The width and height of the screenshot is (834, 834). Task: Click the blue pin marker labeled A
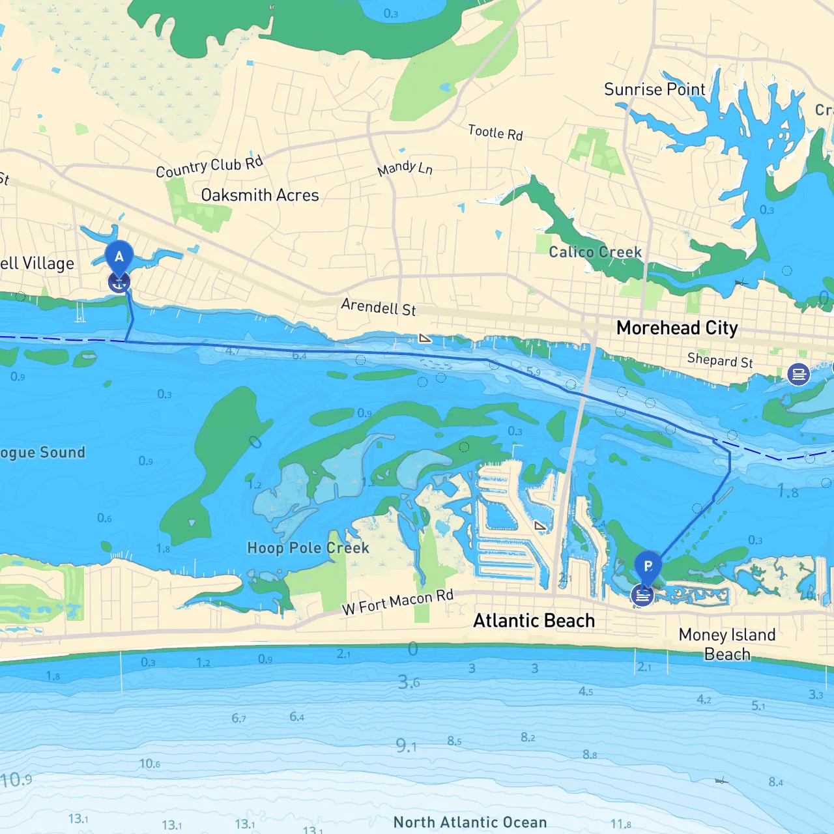point(119,256)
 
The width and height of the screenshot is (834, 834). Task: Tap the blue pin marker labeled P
point(648,566)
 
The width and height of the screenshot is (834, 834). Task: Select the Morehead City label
point(677,328)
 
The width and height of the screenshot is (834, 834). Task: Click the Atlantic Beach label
point(534,621)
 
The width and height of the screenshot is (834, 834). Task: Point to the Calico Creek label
point(595,252)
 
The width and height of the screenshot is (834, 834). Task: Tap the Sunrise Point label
point(654,89)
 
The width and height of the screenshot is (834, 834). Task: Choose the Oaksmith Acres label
point(260,195)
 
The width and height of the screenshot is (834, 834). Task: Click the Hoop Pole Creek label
point(308,548)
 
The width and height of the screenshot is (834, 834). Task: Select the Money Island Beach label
point(727,644)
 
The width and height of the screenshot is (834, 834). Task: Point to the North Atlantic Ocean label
point(470,822)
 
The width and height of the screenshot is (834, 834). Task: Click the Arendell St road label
point(379,307)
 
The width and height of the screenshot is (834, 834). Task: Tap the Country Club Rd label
point(209,167)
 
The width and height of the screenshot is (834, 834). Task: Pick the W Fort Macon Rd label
point(397,603)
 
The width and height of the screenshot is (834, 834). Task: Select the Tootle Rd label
point(495,132)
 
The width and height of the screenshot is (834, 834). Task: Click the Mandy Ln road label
point(405,168)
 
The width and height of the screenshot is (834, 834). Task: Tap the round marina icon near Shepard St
point(798,374)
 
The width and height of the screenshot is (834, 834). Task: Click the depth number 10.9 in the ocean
point(16,780)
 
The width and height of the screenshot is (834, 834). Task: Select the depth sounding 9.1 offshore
point(406,745)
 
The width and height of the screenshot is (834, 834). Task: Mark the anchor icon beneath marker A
point(119,283)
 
